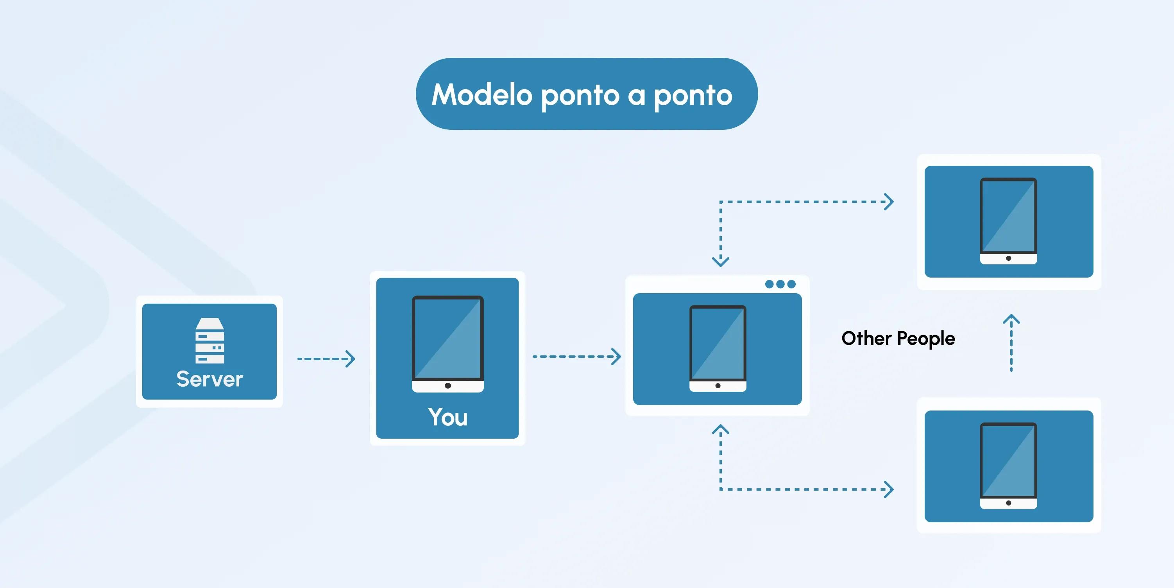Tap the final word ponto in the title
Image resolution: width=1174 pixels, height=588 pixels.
(693, 96)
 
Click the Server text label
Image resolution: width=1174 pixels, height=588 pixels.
(209, 379)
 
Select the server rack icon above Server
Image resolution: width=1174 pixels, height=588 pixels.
(209, 341)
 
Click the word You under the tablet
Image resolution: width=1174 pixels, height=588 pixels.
(447, 417)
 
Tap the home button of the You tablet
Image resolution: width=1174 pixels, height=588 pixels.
(448, 385)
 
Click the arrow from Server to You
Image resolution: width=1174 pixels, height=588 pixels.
(326, 359)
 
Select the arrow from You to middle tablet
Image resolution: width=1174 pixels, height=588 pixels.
(576, 356)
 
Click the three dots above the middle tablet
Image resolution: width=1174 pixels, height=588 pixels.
(780, 284)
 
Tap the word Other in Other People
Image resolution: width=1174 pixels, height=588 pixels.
(866, 338)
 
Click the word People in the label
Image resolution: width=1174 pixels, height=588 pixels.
(926, 339)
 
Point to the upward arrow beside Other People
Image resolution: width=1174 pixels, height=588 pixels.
(1011, 343)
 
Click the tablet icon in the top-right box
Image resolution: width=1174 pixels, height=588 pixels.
(1009, 221)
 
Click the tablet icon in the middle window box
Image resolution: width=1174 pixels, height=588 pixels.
(718, 349)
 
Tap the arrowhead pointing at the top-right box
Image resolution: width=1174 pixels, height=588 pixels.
(889, 201)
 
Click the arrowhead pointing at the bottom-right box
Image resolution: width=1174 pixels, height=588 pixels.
(889, 489)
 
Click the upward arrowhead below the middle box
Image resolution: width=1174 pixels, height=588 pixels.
(721, 429)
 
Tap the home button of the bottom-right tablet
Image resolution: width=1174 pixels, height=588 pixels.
(1009, 503)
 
